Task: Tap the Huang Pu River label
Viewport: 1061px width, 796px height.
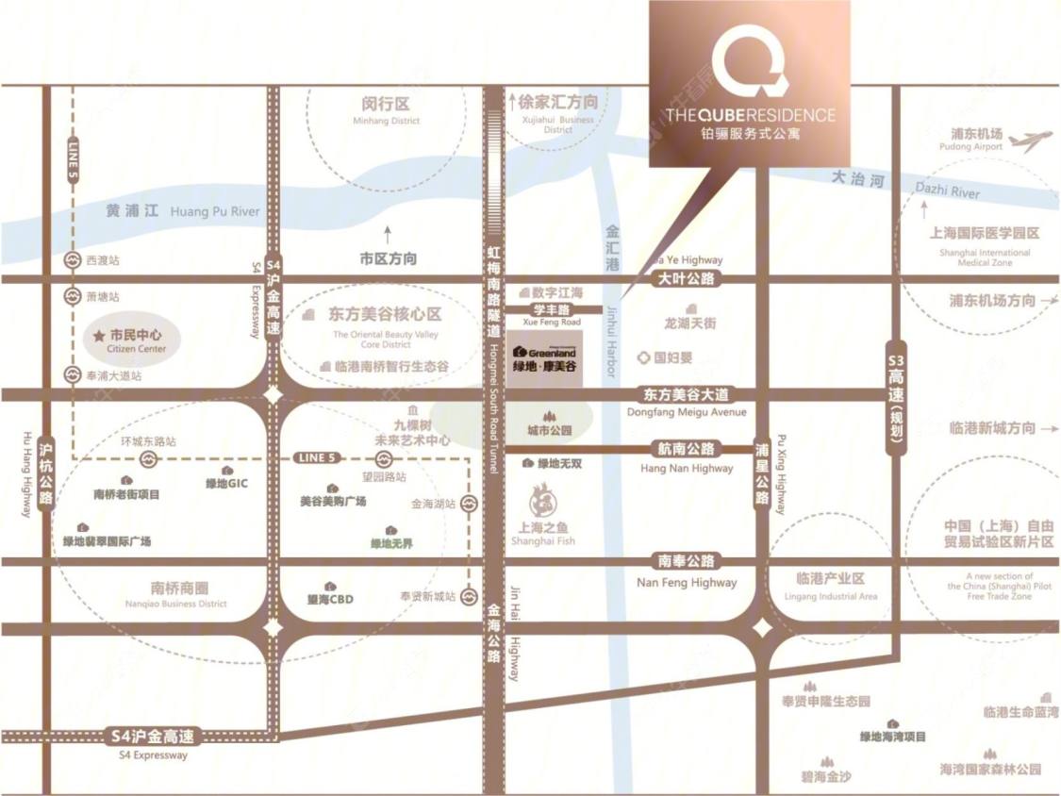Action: point(214,212)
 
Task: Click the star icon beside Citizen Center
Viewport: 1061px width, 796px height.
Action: point(98,335)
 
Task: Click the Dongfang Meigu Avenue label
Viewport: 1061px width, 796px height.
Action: point(686,412)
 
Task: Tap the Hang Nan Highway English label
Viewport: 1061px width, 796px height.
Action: point(686,468)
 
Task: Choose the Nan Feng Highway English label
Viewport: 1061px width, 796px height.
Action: point(687,582)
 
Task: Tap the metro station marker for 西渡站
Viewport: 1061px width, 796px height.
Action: point(72,259)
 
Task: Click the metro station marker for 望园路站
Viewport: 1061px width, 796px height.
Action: point(384,458)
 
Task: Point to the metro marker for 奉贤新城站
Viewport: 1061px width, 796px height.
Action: point(469,596)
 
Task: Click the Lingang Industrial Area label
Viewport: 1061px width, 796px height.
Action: point(830,596)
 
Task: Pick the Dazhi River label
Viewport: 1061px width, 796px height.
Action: point(947,191)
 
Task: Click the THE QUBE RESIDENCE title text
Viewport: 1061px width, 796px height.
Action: point(750,115)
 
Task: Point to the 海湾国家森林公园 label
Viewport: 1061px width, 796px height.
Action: point(989,770)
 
